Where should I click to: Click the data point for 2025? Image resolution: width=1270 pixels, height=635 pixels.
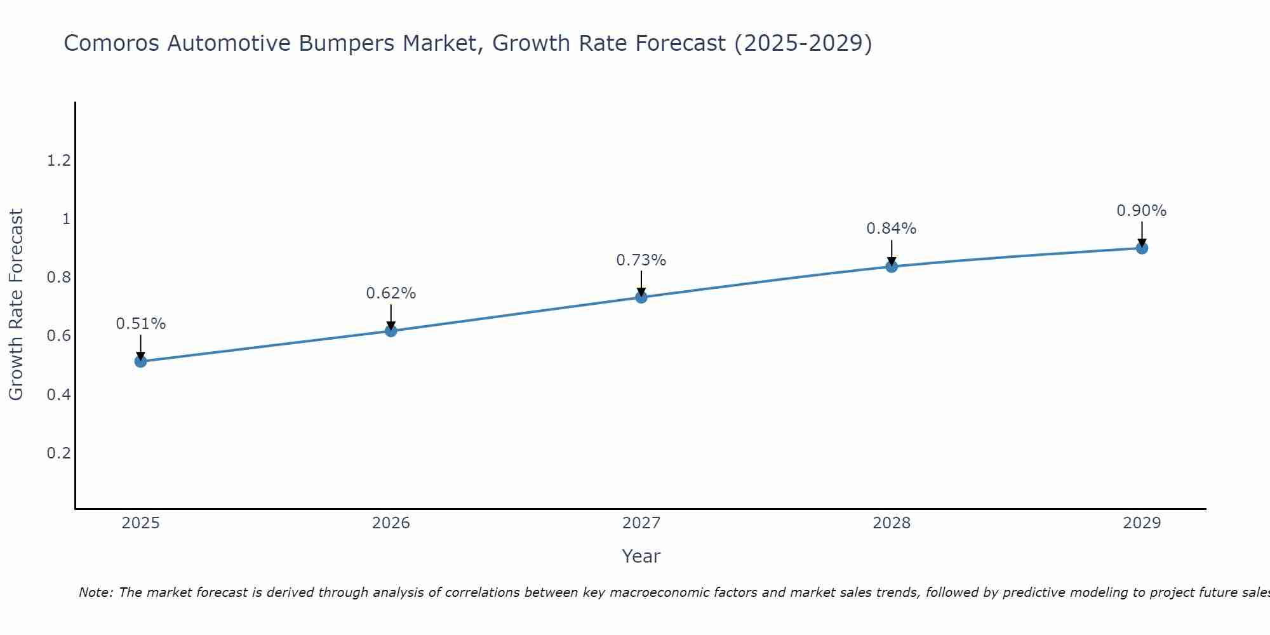click(x=140, y=361)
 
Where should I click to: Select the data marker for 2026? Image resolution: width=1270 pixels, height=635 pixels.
click(x=391, y=331)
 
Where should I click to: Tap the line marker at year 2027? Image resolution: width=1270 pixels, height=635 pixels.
click(x=641, y=297)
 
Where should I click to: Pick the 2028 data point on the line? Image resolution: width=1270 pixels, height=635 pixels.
click(x=891, y=266)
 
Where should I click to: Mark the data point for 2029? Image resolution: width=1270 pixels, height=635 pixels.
click(x=1141, y=248)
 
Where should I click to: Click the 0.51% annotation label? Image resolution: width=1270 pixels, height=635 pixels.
click(x=140, y=324)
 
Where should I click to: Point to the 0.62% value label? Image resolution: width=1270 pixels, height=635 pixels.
click(x=391, y=293)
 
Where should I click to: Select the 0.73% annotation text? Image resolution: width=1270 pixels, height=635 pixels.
click(x=641, y=260)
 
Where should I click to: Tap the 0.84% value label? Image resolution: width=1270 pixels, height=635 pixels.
click(x=891, y=229)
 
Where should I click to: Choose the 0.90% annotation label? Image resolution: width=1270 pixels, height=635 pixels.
click(x=1141, y=211)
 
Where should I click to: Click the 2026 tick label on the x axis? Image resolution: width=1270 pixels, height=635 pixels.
click(x=391, y=523)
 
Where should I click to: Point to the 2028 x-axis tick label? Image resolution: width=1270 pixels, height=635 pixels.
click(x=891, y=523)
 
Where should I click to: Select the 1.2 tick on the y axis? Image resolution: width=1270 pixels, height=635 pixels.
click(x=58, y=161)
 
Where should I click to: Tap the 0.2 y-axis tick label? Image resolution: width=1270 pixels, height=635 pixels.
click(x=58, y=453)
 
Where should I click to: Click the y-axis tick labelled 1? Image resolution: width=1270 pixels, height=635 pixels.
click(x=65, y=220)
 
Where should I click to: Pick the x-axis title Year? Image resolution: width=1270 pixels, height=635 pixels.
click(x=641, y=556)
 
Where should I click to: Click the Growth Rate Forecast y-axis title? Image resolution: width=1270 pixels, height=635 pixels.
click(x=16, y=305)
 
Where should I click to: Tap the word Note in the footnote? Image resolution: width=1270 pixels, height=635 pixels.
click(x=95, y=592)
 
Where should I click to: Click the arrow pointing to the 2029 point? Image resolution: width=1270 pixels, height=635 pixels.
click(x=1141, y=234)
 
